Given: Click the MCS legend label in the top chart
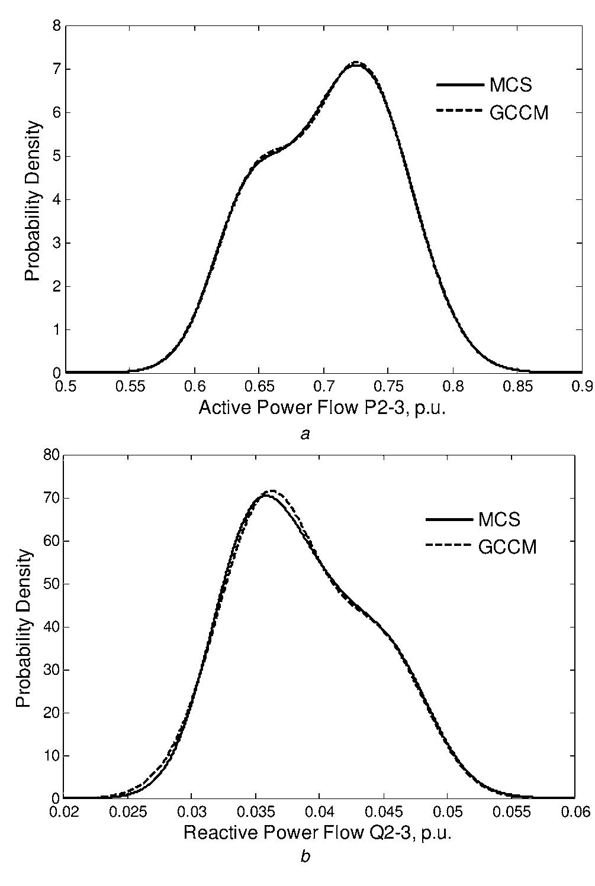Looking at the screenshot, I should point(510,85).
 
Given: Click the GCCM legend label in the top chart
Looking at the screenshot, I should point(519,112).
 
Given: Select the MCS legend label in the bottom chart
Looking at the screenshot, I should point(499,519).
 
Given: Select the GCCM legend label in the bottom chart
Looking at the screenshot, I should point(507,547).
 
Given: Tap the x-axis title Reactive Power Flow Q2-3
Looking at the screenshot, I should point(317,833).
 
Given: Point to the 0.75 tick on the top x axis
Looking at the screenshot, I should point(388,387).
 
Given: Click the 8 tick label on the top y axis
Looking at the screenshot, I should point(57,26).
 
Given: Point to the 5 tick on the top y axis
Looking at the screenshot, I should point(57,156).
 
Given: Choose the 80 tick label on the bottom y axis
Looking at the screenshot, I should point(53,455).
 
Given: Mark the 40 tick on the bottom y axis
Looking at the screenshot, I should point(53,627).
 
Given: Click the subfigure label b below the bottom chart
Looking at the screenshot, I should point(305,856).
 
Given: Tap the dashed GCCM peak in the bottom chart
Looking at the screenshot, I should point(272,490).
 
